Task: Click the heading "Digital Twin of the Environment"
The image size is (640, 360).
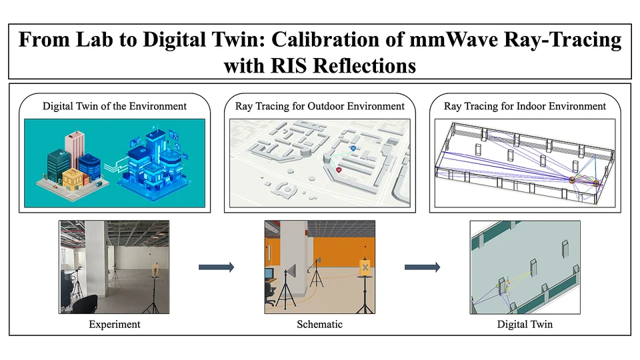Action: click(115, 106)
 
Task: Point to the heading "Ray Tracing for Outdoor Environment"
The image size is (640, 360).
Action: click(319, 106)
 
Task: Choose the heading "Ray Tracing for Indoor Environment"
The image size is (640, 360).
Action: click(525, 106)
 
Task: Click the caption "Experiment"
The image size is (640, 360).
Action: click(115, 325)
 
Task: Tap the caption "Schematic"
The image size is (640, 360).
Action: click(319, 325)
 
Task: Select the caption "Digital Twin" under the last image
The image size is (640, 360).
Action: click(525, 325)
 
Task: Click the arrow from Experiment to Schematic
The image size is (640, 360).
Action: click(216, 267)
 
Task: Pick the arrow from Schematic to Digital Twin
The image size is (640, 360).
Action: click(423, 267)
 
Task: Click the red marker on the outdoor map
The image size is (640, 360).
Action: click(339, 169)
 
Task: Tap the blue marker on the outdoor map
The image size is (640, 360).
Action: click(353, 149)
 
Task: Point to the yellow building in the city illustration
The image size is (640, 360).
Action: click(73, 180)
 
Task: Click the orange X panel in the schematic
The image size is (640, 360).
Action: click(365, 268)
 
